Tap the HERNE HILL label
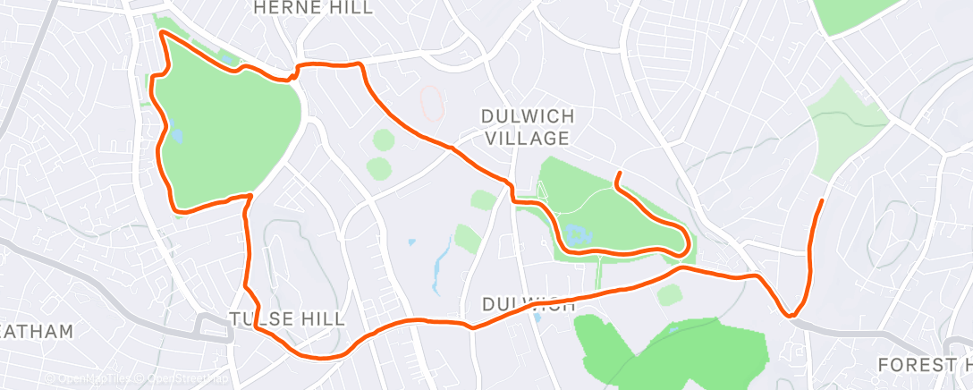point(311,8)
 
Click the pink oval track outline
point(431,102)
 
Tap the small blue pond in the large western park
point(176,136)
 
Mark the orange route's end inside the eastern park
point(617,173)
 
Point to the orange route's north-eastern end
point(822,200)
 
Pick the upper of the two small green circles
point(383,140)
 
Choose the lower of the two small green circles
point(379,167)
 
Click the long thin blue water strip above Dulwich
point(439,268)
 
